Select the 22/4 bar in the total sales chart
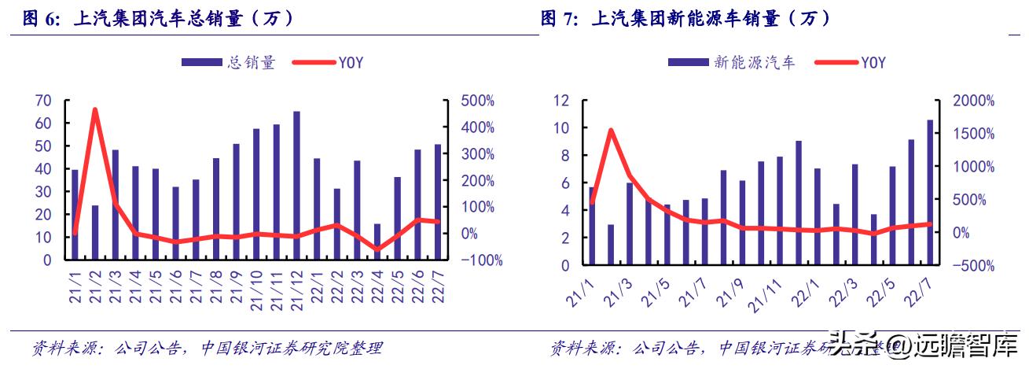tap(377, 242)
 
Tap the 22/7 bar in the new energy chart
tap(930, 193)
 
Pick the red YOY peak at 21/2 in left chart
tap(95, 110)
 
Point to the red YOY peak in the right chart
tap(611, 131)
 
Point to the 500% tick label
tap(477, 101)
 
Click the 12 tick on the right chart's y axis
tap(560, 101)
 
